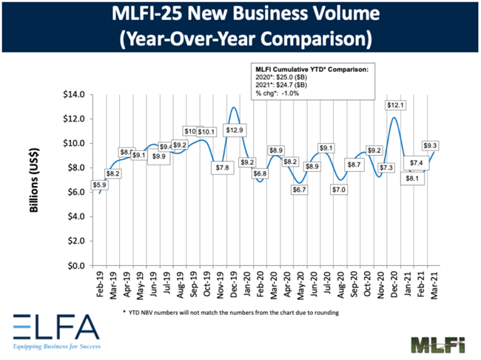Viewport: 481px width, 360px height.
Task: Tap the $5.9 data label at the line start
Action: point(100,185)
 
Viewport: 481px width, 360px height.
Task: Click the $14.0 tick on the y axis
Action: point(75,94)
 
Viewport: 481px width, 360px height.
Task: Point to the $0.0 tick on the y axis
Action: point(78,265)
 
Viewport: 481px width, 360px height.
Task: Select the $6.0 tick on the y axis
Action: point(78,192)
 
